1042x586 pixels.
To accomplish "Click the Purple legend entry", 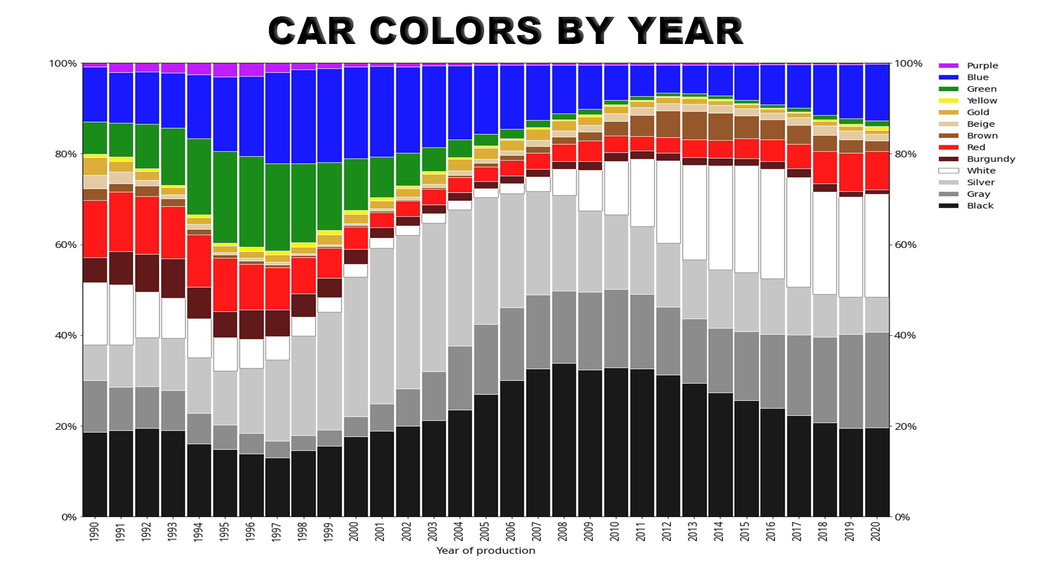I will pyautogui.click(x=982, y=66).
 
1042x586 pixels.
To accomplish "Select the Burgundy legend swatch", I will pyautogui.click(x=949, y=159).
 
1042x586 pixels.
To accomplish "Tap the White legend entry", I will pyautogui.click(x=981, y=170).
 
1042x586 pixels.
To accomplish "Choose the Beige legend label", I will pyautogui.click(x=981, y=124).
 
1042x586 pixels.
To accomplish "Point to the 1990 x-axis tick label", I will pyautogui.click(x=94, y=532).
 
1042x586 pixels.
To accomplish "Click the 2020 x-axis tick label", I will pyautogui.click(x=876, y=532).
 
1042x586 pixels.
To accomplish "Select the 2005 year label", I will pyautogui.click(x=485, y=532).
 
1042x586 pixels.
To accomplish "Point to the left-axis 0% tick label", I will pyautogui.click(x=69, y=517).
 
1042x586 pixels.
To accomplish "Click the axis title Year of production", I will pyautogui.click(x=486, y=551).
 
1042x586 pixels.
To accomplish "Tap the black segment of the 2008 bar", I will pyautogui.click(x=564, y=439).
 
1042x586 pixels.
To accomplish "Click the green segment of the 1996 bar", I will pyautogui.click(x=251, y=202).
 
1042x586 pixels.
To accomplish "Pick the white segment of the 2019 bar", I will pyautogui.click(x=850, y=247).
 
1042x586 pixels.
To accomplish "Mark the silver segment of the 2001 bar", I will pyautogui.click(x=382, y=326).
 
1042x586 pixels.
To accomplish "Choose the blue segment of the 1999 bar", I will pyautogui.click(x=329, y=116).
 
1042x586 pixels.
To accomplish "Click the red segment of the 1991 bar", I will pyautogui.click(x=121, y=221).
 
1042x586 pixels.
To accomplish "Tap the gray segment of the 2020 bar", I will pyautogui.click(x=876, y=380).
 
